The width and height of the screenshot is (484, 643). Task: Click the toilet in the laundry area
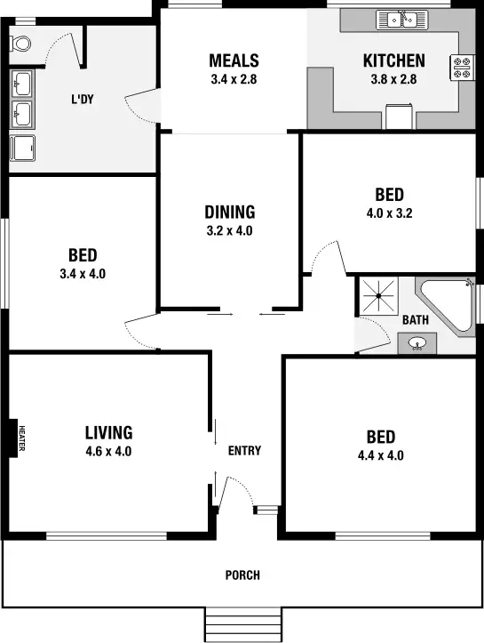point(21,42)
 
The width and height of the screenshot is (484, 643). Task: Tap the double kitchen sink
point(401,18)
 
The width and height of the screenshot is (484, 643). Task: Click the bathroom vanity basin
point(417,342)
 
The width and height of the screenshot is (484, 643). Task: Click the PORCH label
point(242,575)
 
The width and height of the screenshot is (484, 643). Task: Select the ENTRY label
point(244,451)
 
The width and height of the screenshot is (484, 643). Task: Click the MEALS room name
point(234,60)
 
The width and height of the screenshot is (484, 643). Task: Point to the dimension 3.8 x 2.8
point(393,78)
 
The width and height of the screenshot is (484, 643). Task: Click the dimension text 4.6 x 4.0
point(108,451)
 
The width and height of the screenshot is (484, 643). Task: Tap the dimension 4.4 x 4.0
point(380,455)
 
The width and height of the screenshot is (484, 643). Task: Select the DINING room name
point(229,212)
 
